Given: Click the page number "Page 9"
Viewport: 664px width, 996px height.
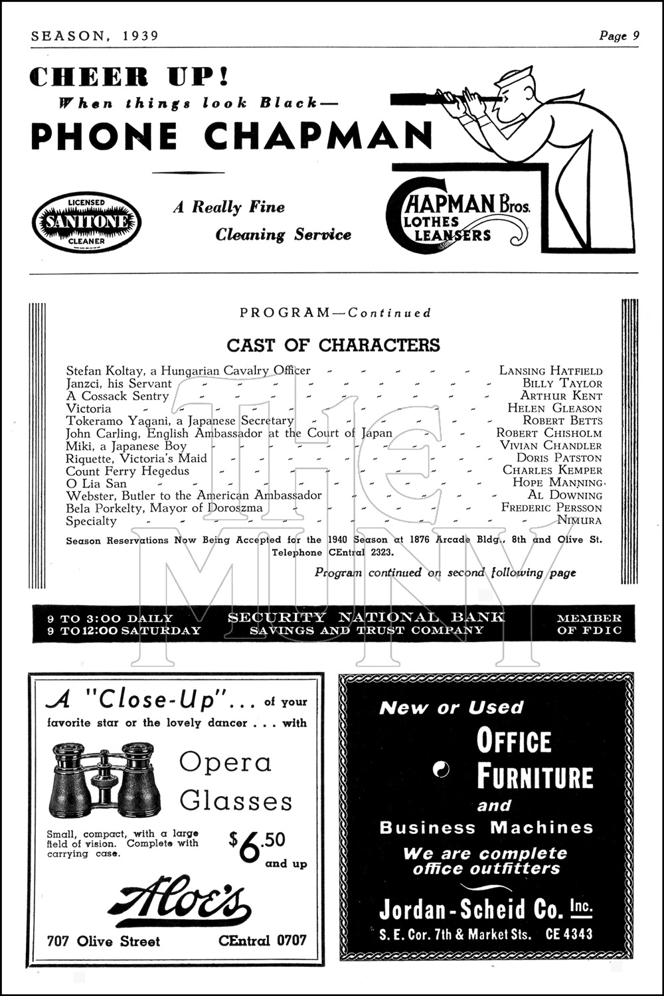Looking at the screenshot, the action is [619, 36].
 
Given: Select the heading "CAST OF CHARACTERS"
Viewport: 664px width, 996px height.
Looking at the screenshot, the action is [333, 345].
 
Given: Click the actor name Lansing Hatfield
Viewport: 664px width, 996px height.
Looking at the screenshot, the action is [550, 371].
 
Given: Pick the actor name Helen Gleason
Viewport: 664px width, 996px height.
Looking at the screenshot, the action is [554, 408].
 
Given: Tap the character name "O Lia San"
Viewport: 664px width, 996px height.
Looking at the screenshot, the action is [96, 483].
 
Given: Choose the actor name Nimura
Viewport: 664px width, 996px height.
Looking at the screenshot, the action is [580, 520].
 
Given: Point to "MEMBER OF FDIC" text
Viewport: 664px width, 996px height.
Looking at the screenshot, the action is [589, 624].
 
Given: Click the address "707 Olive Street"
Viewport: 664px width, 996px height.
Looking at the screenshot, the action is [103, 942].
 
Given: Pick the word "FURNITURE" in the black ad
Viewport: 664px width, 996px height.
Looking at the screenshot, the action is [535, 778].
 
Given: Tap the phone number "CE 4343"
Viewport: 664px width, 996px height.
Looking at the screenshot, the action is [569, 935].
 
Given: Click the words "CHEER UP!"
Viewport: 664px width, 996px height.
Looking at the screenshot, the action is [129, 76].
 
